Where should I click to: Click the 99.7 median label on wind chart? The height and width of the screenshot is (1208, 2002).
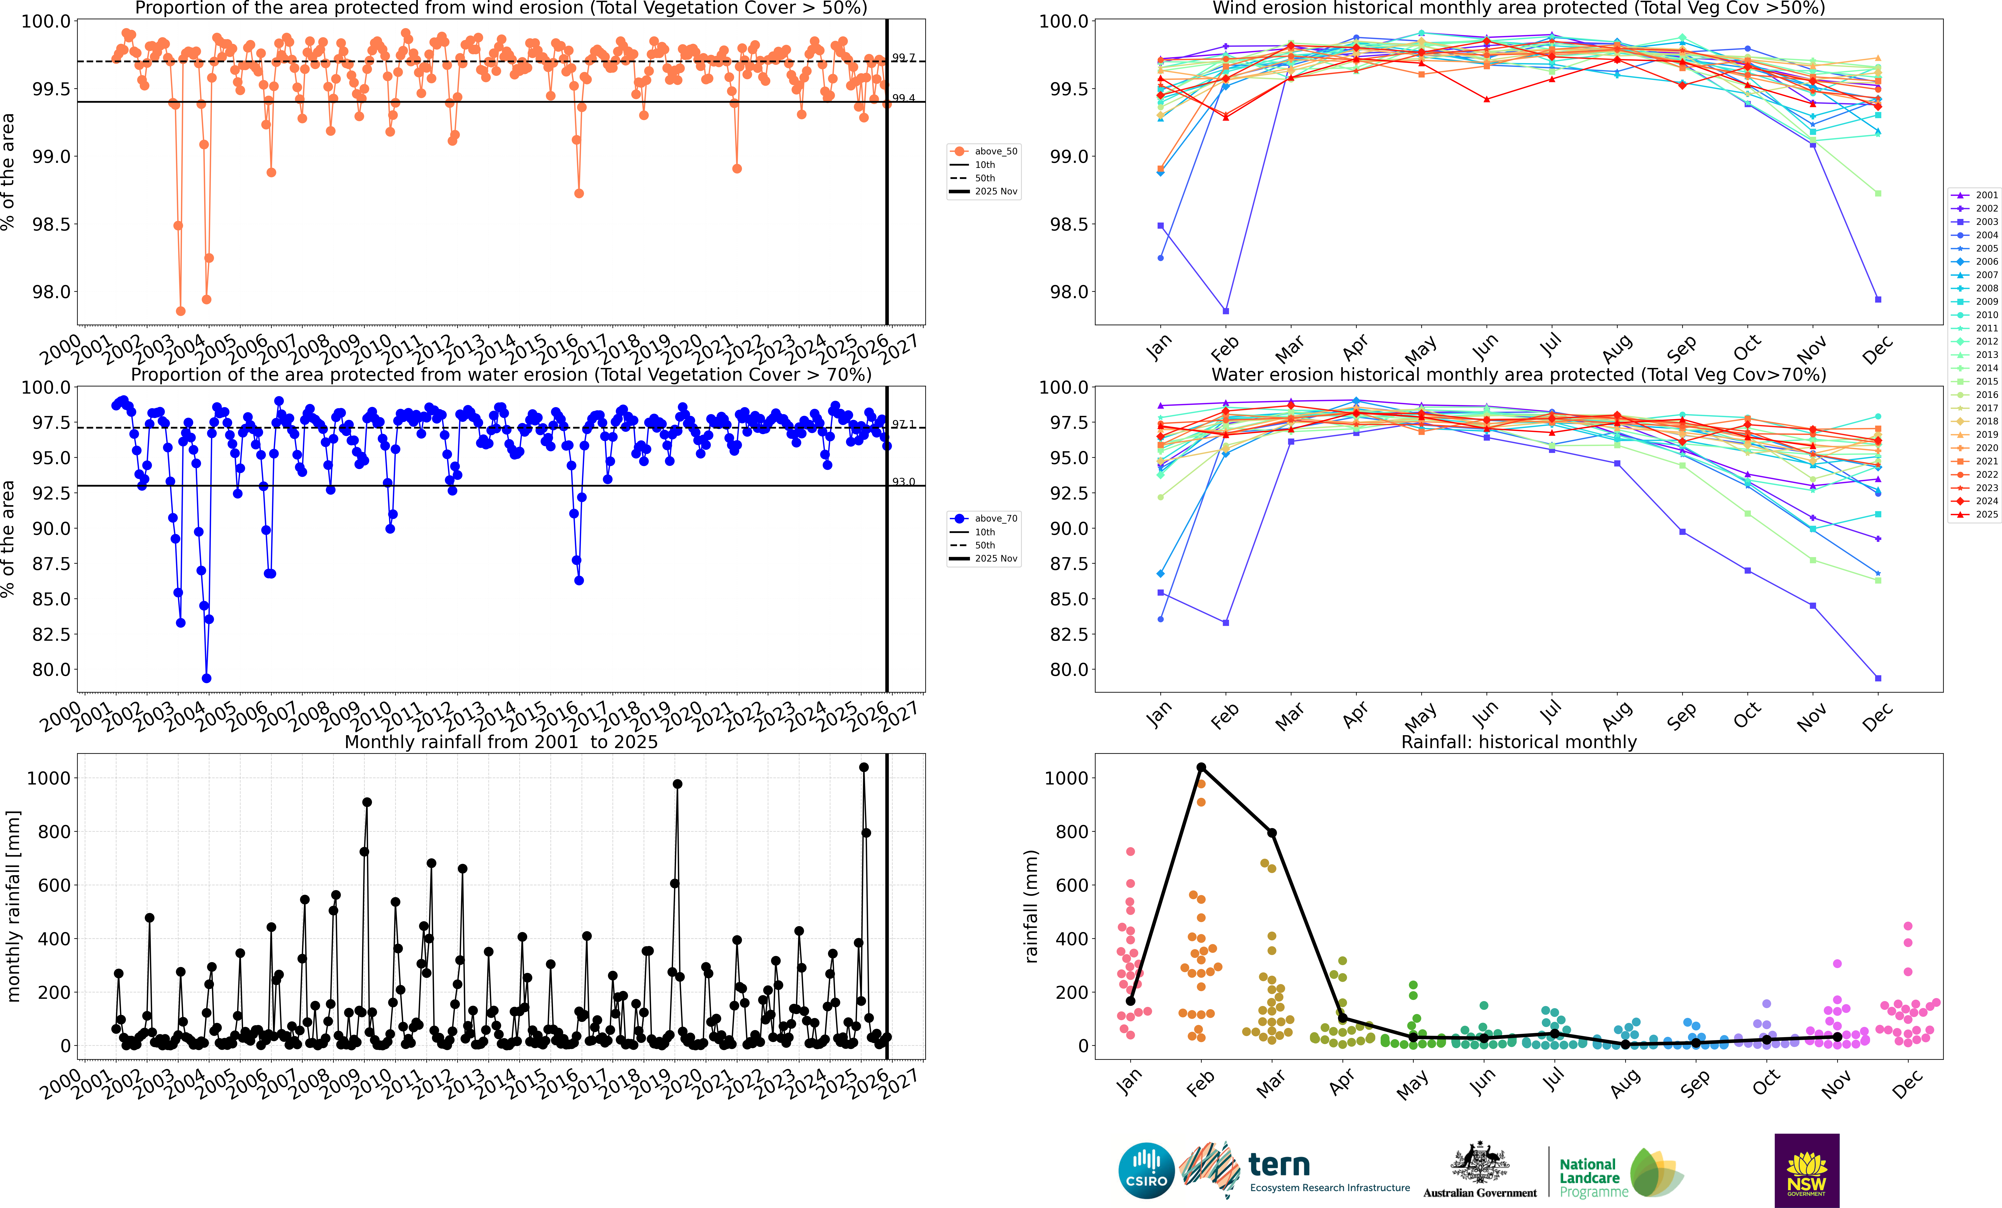pos(903,58)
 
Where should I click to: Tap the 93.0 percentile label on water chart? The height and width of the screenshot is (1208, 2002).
pos(903,482)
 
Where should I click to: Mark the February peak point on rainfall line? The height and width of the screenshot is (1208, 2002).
pos(1201,767)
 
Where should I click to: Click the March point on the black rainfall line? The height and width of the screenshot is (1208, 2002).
pos(1272,833)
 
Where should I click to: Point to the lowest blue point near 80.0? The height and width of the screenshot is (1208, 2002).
pos(206,678)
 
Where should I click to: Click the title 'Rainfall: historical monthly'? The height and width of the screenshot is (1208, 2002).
pos(1518,742)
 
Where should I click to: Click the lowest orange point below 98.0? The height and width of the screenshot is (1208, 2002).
pos(180,311)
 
